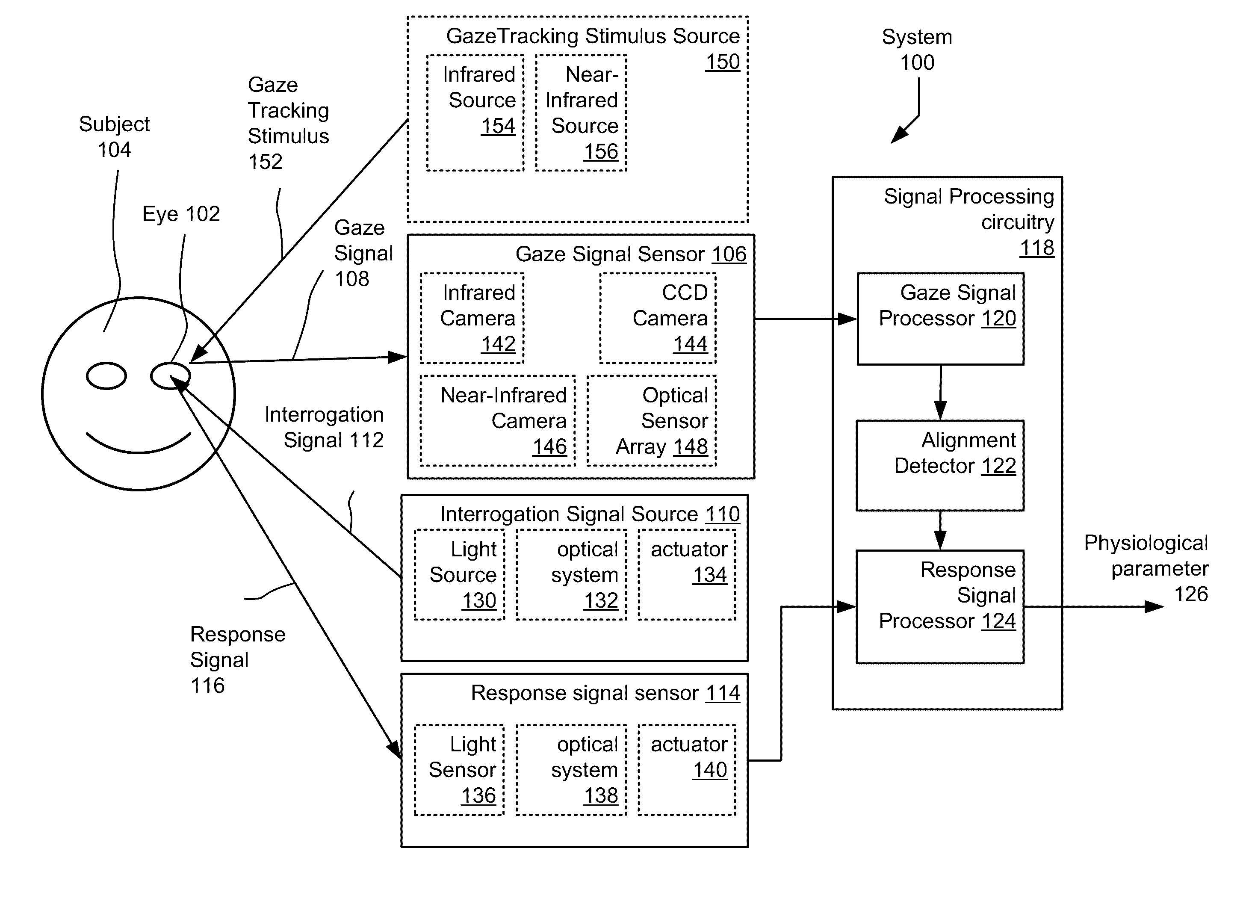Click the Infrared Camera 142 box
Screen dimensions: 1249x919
pos(472,318)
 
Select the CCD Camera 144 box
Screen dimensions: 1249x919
pos(658,318)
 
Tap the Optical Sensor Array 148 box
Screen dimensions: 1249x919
pos(652,420)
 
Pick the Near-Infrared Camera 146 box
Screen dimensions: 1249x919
pos(498,420)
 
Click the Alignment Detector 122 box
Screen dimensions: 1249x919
pos(940,466)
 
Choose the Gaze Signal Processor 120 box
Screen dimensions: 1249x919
pos(940,319)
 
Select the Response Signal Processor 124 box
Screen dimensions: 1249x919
pos(940,607)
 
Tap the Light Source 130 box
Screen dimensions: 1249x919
pos(459,575)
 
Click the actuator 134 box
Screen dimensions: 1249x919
pos(687,575)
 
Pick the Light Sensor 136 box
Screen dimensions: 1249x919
pos(459,770)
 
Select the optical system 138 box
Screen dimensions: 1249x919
pos(571,770)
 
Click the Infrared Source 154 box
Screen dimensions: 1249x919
pos(475,113)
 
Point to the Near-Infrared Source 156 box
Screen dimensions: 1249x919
pos(581,113)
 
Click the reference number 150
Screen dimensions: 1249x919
pos(722,62)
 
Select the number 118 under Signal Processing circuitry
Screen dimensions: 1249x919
pos(1036,248)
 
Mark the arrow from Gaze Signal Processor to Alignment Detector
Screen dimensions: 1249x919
pos(940,392)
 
